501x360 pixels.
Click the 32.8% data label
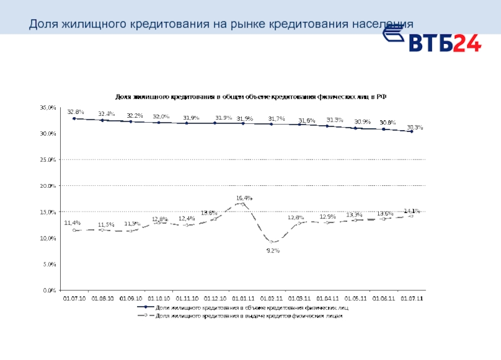[x=75, y=111]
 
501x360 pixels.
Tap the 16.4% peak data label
[x=244, y=198]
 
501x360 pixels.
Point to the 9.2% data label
[x=273, y=250]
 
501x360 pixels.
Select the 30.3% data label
[x=415, y=127]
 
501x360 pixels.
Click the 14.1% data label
[x=412, y=211]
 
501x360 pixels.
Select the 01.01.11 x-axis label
[x=243, y=299]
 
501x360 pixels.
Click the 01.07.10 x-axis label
[x=75, y=299]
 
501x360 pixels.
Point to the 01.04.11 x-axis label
[x=328, y=299]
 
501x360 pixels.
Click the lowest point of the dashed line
[x=272, y=242]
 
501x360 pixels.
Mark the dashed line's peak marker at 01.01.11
[x=243, y=204]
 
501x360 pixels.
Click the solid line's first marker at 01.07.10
[x=75, y=118]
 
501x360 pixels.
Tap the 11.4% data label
[x=72, y=223]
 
